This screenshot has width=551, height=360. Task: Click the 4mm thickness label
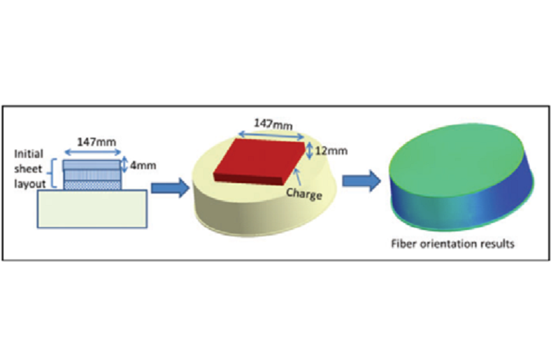(x=143, y=165)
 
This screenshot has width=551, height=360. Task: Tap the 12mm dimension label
(x=331, y=151)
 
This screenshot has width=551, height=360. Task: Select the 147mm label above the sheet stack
(x=96, y=142)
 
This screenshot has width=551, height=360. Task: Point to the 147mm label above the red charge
(x=273, y=124)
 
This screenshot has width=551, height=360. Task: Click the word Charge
(x=304, y=194)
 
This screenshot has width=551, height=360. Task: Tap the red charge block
(x=259, y=161)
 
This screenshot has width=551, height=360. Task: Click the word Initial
(x=29, y=154)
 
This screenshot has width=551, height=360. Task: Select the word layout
(x=30, y=184)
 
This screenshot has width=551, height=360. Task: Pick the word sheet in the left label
(x=28, y=168)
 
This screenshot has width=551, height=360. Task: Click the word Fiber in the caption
(x=403, y=244)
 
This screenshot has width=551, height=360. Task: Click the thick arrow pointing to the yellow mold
(x=171, y=188)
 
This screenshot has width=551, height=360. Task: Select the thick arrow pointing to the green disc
(x=362, y=181)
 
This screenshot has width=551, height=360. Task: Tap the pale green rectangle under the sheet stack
(x=92, y=209)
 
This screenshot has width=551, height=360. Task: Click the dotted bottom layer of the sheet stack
(x=92, y=185)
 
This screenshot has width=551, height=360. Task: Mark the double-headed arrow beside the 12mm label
(x=309, y=151)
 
